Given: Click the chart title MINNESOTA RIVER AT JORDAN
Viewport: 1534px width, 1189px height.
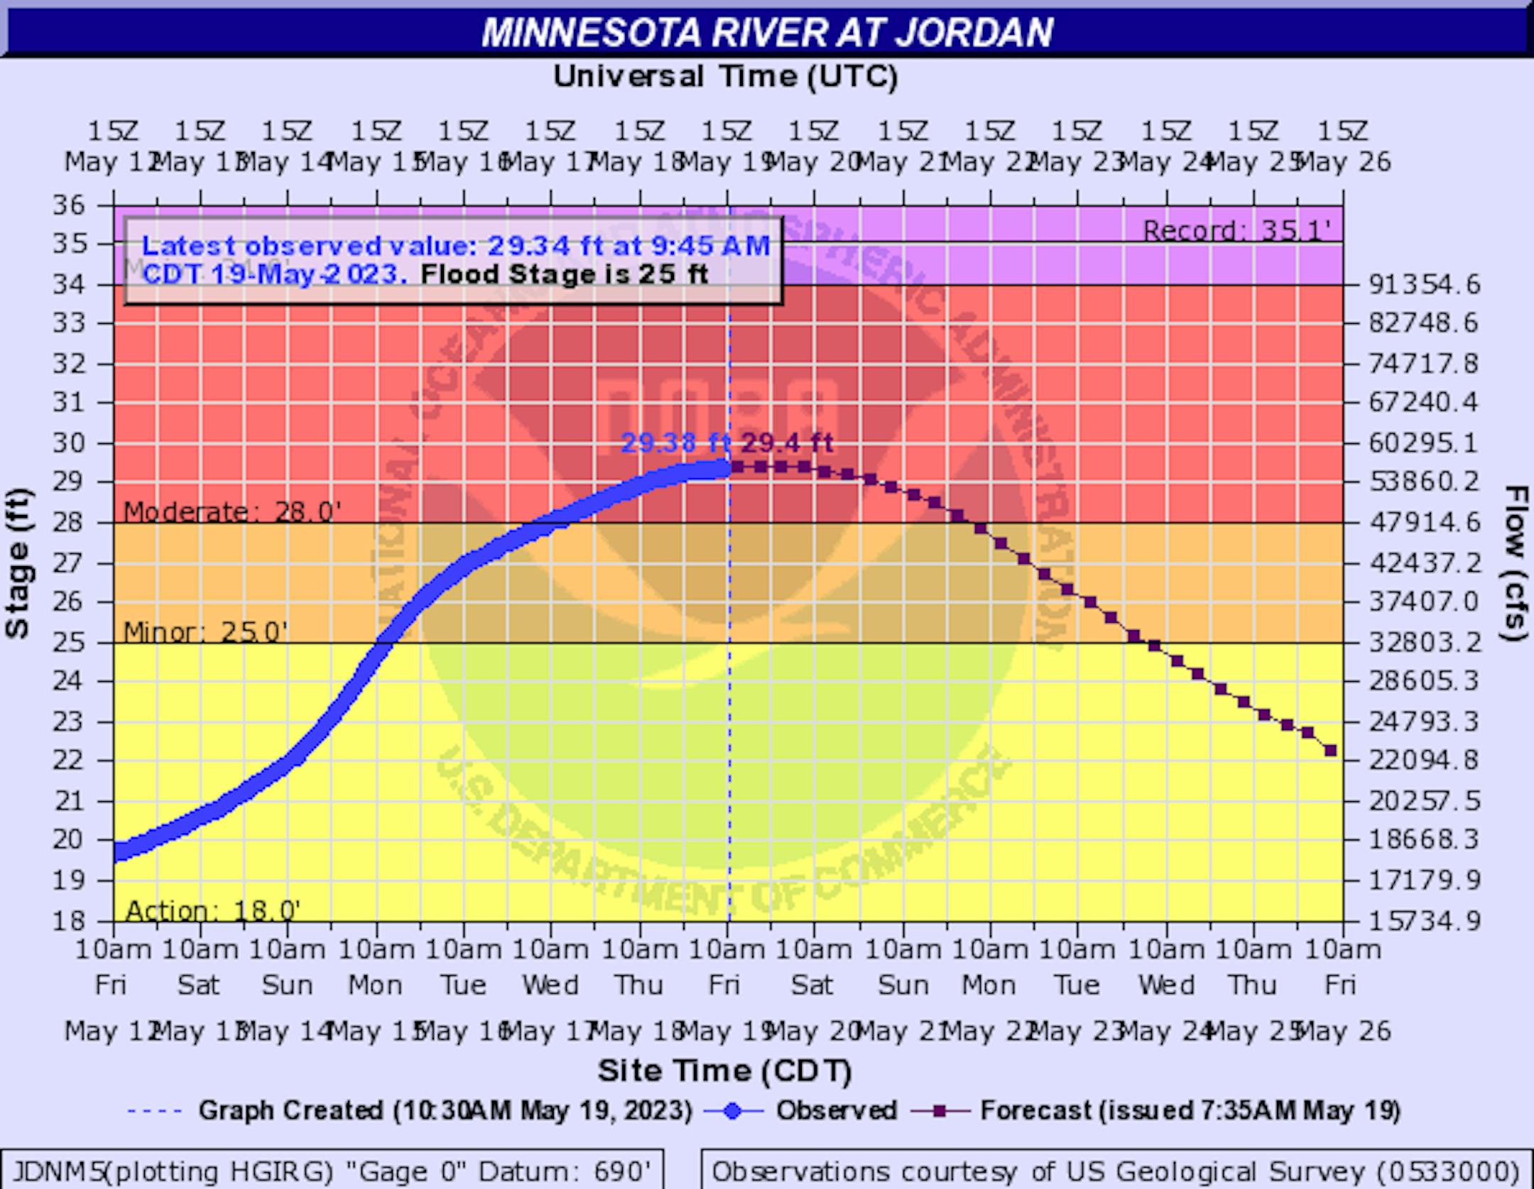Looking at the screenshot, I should [x=767, y=32].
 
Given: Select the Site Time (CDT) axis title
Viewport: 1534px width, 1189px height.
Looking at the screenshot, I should [x=724, y=1070].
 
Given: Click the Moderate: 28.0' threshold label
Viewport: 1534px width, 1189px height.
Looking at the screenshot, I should [x=232, y=511].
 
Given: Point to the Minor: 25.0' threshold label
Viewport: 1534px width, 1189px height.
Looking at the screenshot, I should [x=205, y=631].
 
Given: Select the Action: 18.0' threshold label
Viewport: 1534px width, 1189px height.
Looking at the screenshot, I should [x=212, y=910].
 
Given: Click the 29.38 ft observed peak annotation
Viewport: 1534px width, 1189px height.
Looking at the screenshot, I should [x=675, y=444].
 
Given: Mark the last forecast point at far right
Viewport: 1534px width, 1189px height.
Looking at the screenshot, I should [x=1331, y=751].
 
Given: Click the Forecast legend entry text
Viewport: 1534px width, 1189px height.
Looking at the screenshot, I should [x=1190, y=1110].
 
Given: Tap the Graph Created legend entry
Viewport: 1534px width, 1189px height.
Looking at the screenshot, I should [x=445, y=1110].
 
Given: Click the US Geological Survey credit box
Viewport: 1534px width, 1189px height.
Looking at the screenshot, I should [x=1115, y=1171].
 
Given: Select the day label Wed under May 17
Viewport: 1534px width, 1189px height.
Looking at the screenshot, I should [x=550, y=985].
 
